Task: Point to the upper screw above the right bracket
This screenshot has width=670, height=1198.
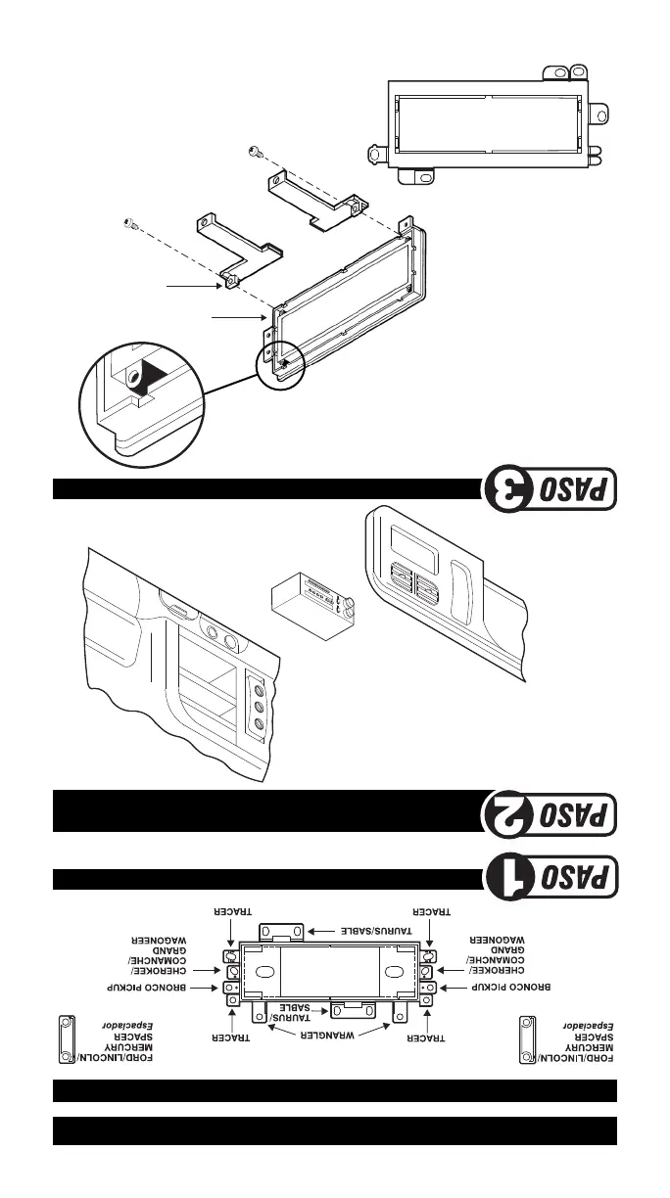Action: coord(255,151)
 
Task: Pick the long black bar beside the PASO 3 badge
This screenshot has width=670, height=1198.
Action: coord(263,488)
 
